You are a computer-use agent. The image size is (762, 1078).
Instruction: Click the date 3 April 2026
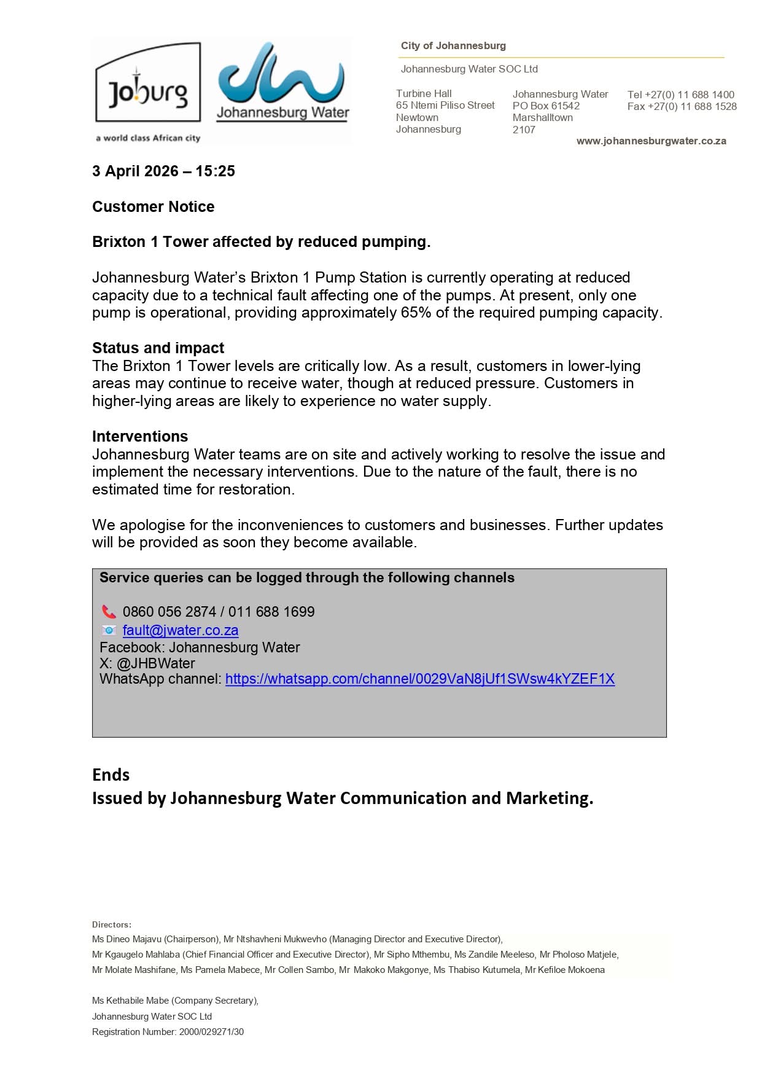135,171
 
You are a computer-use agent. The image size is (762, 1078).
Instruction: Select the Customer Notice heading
153,207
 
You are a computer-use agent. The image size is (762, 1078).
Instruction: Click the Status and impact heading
158,348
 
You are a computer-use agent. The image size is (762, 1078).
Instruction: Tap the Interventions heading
140,437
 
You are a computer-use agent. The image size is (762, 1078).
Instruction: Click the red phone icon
109,612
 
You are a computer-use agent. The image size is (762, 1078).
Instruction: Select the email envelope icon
109,630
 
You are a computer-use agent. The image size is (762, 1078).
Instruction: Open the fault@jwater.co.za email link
181,630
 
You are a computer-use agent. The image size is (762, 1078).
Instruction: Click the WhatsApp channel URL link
420,679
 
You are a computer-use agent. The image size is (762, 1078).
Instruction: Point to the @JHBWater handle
156,663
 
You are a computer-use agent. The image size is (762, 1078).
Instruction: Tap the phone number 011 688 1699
271,612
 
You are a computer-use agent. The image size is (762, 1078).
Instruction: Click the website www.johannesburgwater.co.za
651,141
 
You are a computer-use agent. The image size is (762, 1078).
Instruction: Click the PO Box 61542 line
546,106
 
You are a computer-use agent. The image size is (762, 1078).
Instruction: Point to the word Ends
111,775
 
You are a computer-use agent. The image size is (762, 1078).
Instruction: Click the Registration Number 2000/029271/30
211,1032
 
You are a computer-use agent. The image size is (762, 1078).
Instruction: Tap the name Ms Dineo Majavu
126,939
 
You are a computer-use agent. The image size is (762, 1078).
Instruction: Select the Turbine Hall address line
424,93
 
